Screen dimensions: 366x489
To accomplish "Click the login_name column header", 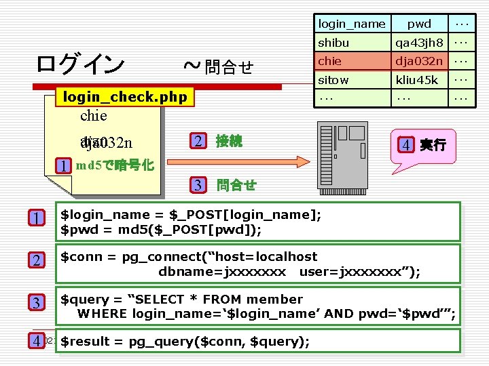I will point(352,24).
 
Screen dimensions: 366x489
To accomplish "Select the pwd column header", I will point(419,24).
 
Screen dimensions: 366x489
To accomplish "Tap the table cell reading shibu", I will point(333,43).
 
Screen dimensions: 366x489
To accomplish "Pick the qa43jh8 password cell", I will point(419,43).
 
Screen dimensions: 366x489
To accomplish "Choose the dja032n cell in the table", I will point(419,61).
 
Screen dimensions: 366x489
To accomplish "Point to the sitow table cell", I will point(333,80).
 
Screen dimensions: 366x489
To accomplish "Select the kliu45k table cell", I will point(419,80).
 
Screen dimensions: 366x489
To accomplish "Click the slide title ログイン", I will point(80,64).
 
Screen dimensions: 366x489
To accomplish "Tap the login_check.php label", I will point(125,98).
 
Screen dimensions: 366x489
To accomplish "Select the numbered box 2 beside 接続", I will point(197,141).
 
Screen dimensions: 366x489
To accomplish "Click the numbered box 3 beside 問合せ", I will point(197,184).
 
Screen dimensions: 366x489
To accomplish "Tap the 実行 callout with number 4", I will point(424,144).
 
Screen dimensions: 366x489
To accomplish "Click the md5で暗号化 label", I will point(114,165).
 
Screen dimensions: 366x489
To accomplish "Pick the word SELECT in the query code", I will point(166,299).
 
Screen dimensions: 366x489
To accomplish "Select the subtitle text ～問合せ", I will point(219,66).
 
